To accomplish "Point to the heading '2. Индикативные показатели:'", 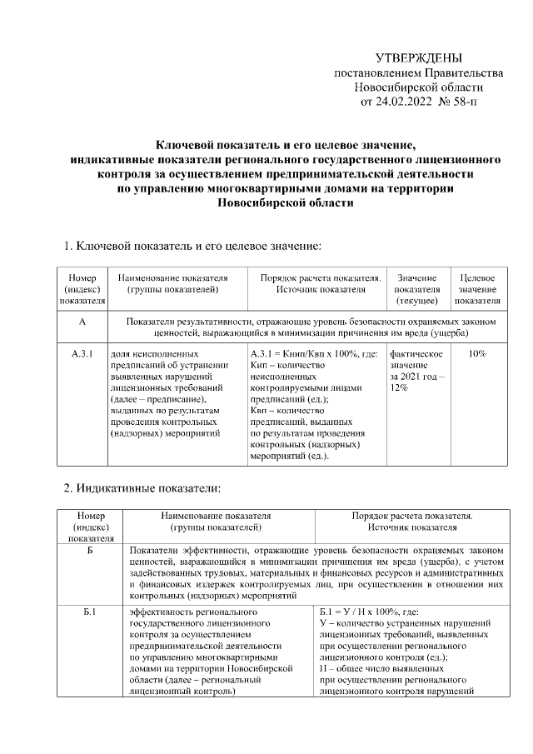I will coord(142,487).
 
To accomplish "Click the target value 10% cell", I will coord(477,354).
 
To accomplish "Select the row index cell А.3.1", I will coord(82,354).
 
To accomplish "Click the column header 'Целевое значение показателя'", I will coord(477,289).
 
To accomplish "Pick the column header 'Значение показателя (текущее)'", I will coord(417,289).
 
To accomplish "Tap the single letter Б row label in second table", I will coord(90,551).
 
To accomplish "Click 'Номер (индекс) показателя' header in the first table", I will coord(82,289).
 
